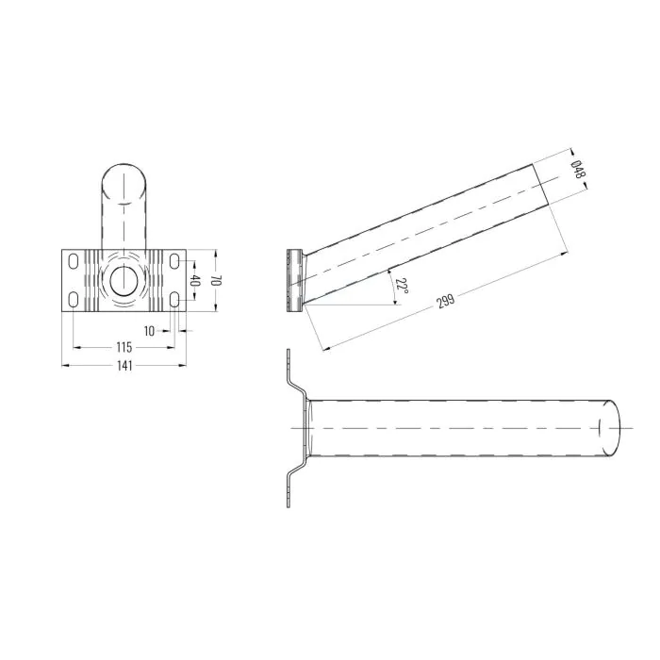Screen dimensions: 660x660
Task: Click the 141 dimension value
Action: pos(124,366)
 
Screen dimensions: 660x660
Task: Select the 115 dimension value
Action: pos(124,347)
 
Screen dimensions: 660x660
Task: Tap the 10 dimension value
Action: pos(149,331)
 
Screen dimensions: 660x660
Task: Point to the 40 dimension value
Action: pos(194,281)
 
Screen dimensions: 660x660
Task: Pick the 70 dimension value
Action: pos(216,281)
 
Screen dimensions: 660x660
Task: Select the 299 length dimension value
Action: pos(445,301)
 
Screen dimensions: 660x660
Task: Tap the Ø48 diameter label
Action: pos(578,169)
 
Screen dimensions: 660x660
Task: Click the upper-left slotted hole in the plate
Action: pos(74,261)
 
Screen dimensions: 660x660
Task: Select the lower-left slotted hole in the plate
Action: pos(74,300)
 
